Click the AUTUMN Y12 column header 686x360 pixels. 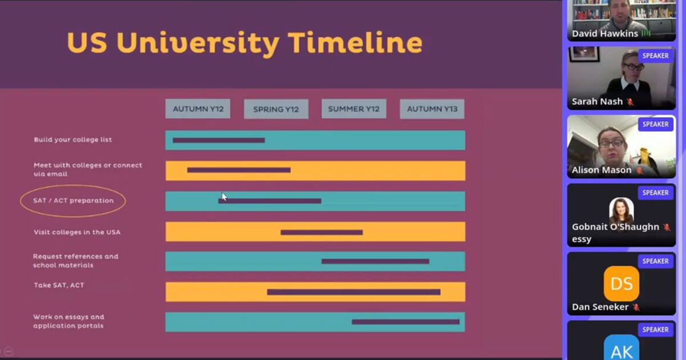tap(198, 109)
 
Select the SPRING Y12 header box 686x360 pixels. tap(276, 109)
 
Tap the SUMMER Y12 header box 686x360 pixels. tap(354, 109)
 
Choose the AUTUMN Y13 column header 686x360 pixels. tap(432, 109)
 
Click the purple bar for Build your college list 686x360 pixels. tap(218, 140)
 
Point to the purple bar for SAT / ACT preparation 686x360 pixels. tap(270, 201)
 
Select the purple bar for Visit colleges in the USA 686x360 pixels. tap(321, 233)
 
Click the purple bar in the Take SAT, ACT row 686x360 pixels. tap(354, 292)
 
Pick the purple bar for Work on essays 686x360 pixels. tap(405, 322)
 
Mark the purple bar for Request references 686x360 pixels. tap(375, 262)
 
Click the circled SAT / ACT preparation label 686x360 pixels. tap(73, 201)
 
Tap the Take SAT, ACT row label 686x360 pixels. tap(59, 285)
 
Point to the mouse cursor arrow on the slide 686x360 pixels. tap(224, 197)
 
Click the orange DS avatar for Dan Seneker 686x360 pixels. tap(621, 283)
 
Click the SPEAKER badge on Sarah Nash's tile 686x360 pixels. tap(655, 56)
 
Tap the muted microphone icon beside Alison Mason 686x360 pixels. tap(640, 170)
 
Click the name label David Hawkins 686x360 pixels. tap(605, 33)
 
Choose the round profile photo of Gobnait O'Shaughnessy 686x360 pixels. tap(621, 210)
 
